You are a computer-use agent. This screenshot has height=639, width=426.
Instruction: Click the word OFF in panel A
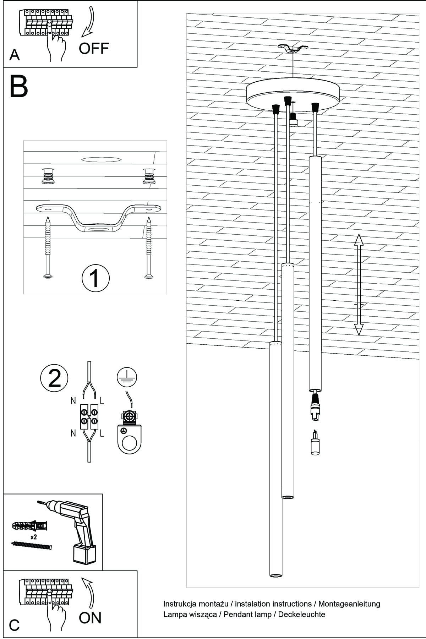tap(94, 48)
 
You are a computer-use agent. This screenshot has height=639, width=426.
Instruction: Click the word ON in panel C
tap(90, 618)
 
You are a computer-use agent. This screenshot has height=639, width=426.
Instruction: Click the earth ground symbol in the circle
tap(127, 378)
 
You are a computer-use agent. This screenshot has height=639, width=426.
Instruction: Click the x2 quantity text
tap(34, 537)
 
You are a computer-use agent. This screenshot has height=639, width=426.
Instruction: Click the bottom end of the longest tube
tap(275, 574)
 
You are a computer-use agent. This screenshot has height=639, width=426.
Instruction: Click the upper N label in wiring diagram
tap(73, 401)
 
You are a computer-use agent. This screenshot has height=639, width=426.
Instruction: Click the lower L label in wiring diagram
tap(102, 433)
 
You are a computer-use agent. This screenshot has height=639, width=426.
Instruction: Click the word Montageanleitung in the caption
tap(349, 604)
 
